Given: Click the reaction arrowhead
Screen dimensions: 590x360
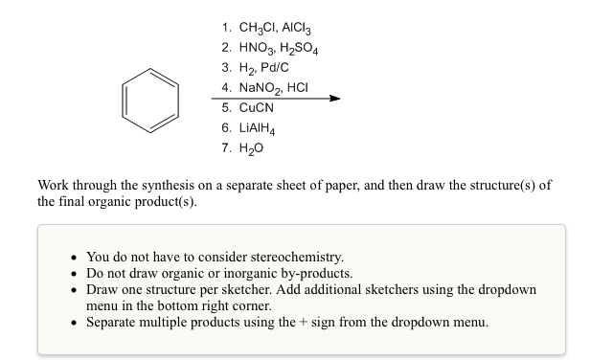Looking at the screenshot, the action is (334, 99).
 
